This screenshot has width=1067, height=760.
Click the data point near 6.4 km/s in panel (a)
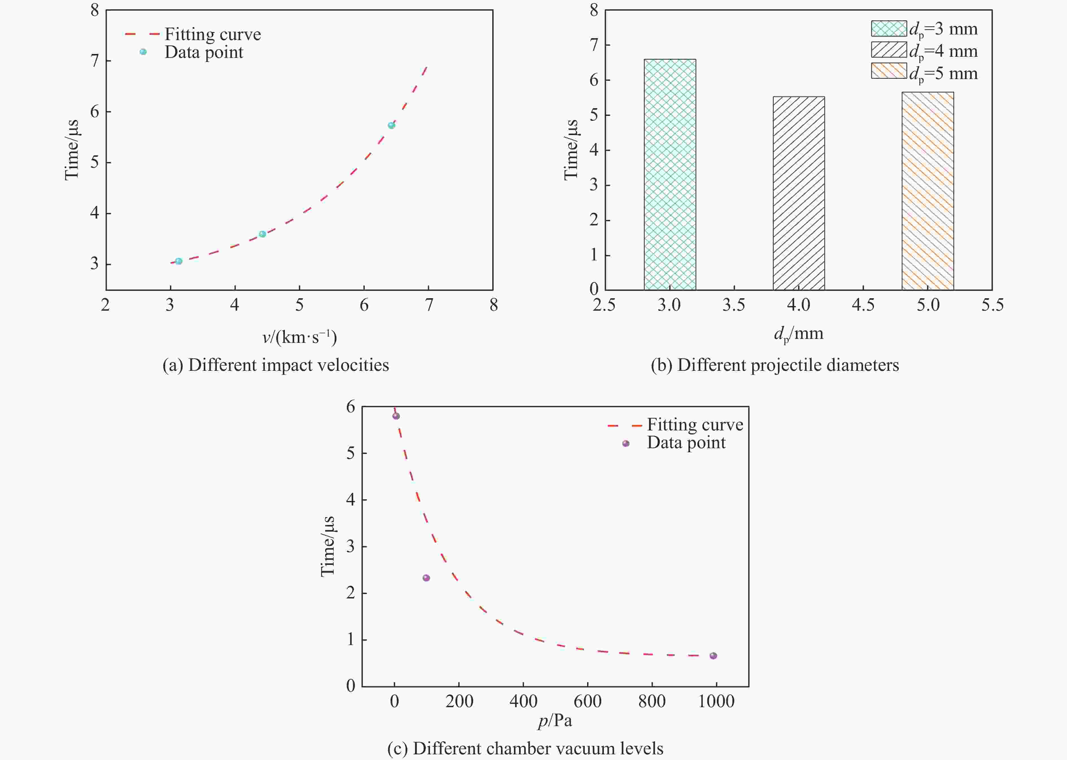pos(392,125)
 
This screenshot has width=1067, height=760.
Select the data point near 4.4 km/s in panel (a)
pos(263,234)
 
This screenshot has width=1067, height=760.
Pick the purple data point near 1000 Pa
pos(713,656)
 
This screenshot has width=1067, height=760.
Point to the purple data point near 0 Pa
pos(396,416)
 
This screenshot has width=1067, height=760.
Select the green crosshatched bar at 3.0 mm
pos(670,175)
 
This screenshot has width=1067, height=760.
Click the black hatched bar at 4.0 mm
pos(799,193)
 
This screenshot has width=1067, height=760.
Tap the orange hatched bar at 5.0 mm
pos(928,191)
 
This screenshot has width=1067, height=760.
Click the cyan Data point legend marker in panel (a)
pos(143,52)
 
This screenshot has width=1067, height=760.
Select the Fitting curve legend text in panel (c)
pos(695,424)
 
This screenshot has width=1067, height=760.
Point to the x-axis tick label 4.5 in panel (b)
pos(863,305)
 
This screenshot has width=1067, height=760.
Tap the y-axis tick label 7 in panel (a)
pos(95,61)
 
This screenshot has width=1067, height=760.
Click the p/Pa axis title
pos(555,721)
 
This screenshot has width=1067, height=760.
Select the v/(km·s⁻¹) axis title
pos(299,337)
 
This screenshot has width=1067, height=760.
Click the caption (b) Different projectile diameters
pos(775,365)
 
